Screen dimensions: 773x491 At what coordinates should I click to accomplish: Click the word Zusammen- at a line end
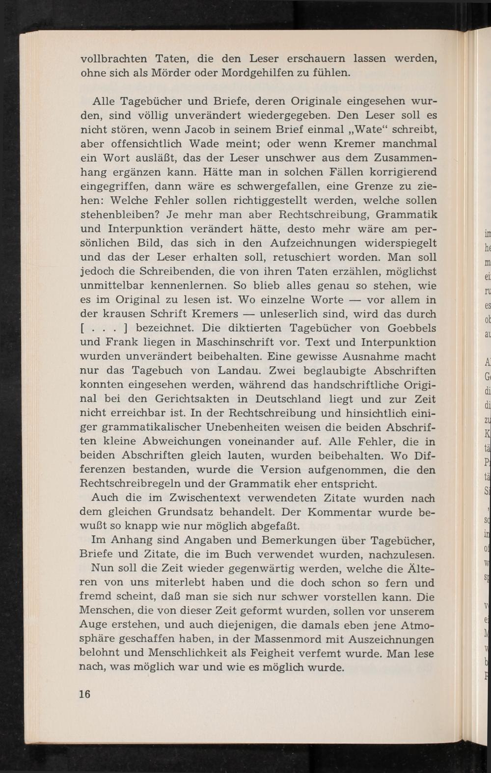tap(405, 158)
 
